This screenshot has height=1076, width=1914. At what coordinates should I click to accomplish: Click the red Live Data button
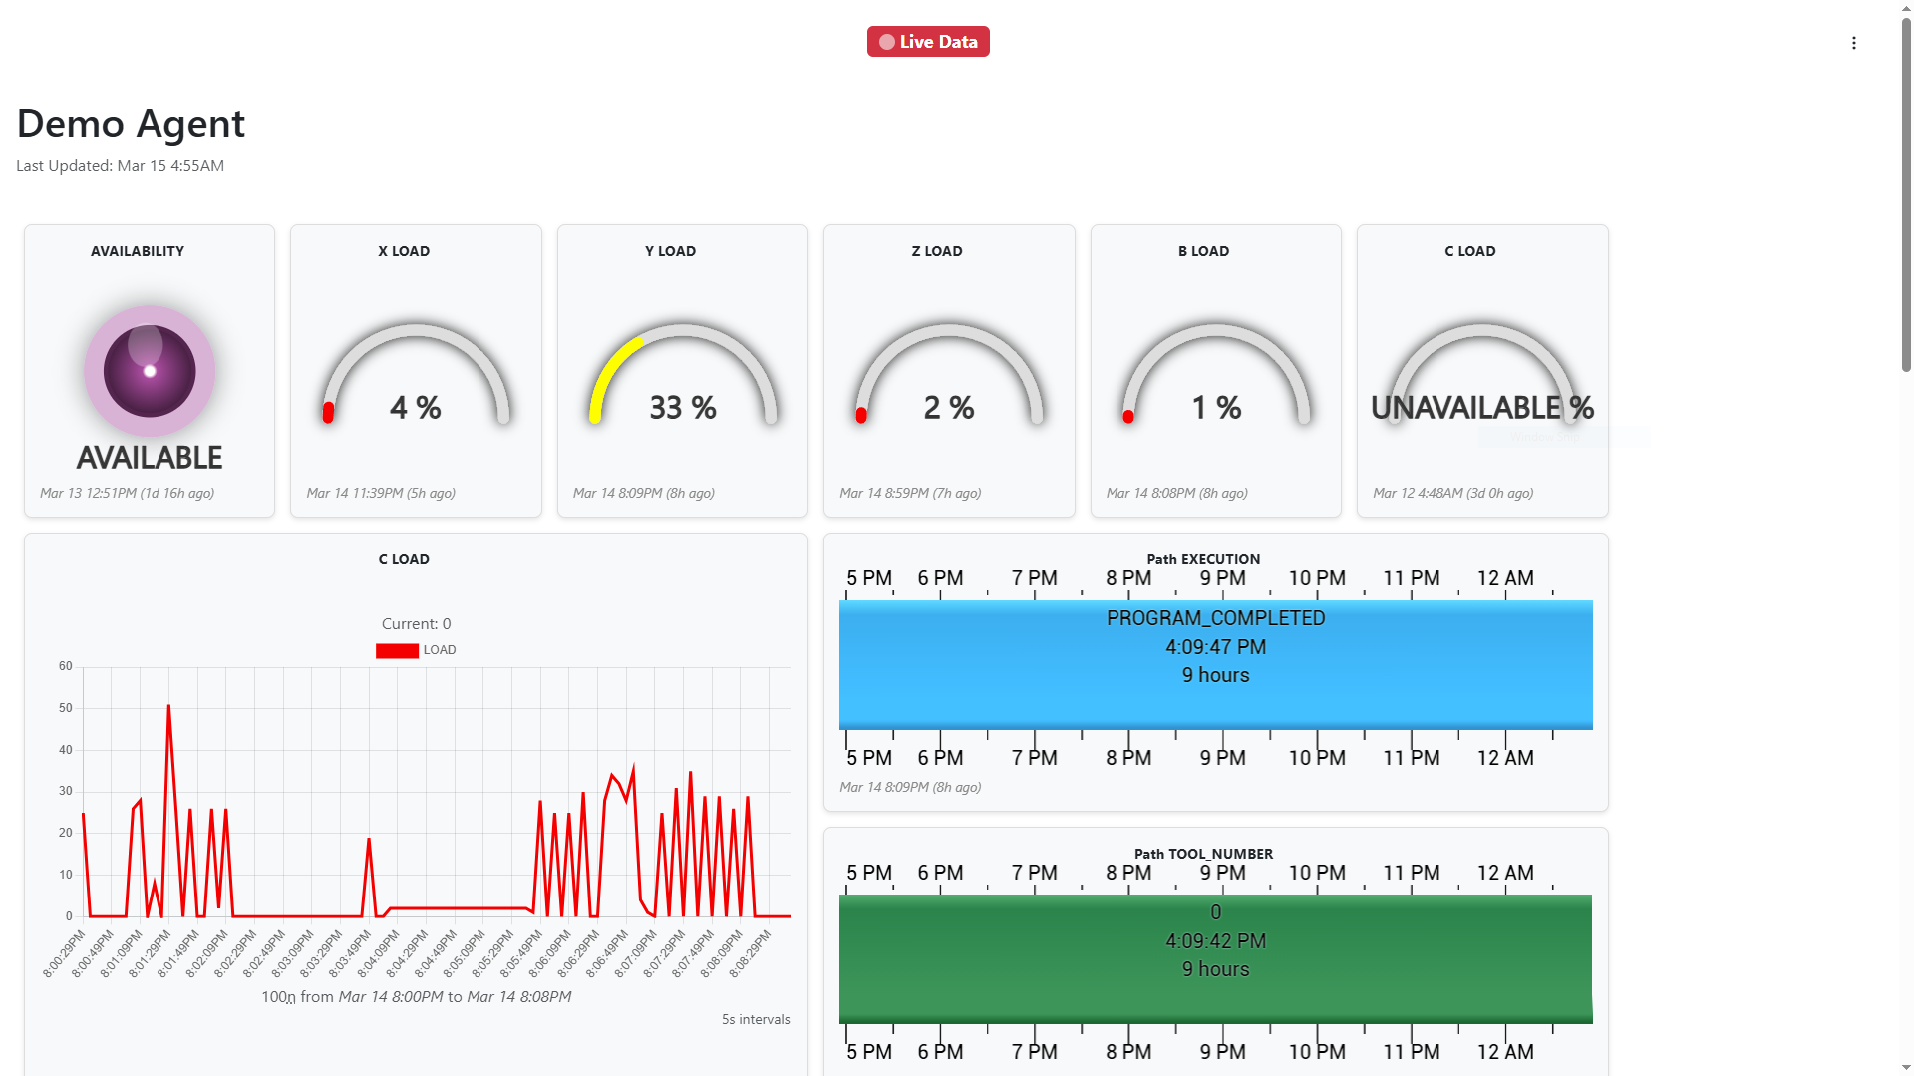pos(928,42)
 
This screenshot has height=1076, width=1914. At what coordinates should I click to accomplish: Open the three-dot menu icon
pos(1854,43)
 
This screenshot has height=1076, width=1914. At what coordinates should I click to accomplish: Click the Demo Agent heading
pos(131,124)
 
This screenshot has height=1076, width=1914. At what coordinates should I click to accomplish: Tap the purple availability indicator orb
pos(150,371)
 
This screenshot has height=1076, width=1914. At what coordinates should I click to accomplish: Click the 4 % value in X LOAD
pos(416,407)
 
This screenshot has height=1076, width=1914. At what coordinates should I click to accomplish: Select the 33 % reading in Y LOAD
pos(683,407)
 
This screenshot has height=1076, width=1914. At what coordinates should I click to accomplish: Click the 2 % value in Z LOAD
pos(949,407)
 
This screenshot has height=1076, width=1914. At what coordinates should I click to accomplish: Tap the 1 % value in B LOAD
pos(1216,407)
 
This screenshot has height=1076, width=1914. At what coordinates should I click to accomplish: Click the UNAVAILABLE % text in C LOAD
pos(1482,407)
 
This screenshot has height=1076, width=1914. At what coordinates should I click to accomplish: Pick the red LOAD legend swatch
pos(397,650)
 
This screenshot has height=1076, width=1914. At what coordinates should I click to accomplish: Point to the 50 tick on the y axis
pos(66,708)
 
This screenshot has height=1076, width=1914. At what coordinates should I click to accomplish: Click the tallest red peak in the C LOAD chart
pos(169,707)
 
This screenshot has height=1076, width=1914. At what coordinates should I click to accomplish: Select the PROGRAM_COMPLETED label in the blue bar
pos(1215,618)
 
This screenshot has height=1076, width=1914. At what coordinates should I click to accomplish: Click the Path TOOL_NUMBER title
pos(1203,854)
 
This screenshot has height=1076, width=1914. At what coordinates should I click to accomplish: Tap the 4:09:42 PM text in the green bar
pos(1215,941)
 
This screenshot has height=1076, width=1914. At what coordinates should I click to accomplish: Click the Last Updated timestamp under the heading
pos(120,166)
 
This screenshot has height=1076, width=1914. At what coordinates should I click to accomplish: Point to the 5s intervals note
pos(756,1019)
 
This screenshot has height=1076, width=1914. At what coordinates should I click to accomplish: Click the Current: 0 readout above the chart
pos(416,624)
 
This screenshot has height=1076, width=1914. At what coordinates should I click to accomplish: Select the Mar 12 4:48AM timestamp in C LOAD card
pos(1452,493)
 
